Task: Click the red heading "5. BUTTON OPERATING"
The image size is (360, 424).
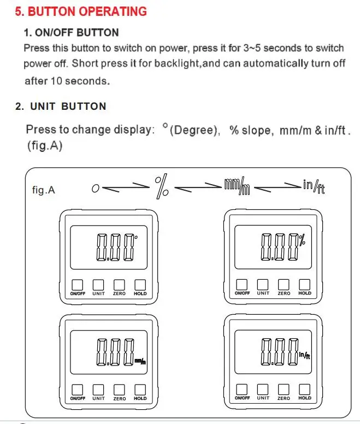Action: (80, 11)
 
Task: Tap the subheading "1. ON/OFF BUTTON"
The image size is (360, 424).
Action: (72, 33)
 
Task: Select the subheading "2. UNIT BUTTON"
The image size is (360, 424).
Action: (61, 106)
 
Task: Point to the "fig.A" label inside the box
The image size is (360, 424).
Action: (44, 191)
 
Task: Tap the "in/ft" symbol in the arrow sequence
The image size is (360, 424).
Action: (316, 186)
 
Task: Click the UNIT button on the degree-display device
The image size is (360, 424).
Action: (98, 285)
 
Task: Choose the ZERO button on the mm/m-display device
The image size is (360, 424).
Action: (120, 390)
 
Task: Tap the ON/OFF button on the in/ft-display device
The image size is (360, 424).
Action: (242, 389)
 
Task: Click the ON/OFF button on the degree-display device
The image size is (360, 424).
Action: (78, 285)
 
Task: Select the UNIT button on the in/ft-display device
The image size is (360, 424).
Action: (263, 389)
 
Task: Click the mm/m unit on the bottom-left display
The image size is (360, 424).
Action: (140, 360)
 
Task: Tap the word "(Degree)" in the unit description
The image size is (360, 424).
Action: (194, 131)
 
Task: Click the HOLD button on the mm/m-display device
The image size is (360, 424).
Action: (140, 390)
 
